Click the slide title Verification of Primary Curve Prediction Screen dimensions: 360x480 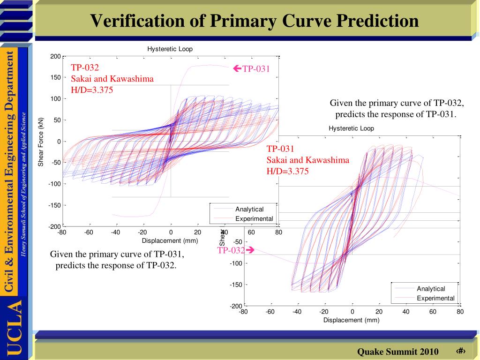tap(254, 21)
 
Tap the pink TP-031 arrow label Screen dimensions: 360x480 tap(252, 69)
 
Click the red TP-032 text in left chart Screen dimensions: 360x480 tap(85, 67)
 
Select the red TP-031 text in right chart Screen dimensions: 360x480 tap(280, 149)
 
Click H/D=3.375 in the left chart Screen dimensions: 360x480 tap(92, 90)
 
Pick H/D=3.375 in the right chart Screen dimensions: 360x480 tap(288, 172)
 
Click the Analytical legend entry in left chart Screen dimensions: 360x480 tap(249, 209)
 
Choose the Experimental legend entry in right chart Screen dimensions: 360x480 tap(435, 298)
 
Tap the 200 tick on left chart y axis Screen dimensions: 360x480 tap(55, 57)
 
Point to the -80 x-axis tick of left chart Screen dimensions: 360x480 tap(62, 232)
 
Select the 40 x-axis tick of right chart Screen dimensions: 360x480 tap(406, 312)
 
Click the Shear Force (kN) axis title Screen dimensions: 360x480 tap(41, 142)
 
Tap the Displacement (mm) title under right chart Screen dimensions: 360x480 tap(351, 320)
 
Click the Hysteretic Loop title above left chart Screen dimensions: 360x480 tap(170, 49)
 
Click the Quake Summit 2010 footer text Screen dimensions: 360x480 tap(398, 352)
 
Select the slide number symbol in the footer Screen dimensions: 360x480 tap(459, 352)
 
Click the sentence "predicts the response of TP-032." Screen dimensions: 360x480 tap(116, 265)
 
